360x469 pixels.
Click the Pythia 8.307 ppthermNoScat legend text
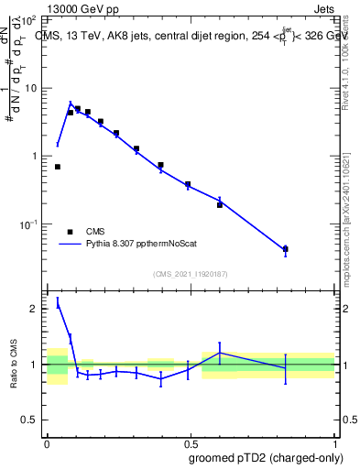(x=145, y=245)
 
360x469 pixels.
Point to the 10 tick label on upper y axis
(x=30, y=88)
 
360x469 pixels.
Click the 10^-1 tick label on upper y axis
(x=27, y=224)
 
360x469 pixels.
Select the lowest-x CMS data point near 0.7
(x=58, y=167)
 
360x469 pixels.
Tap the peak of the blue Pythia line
(x=71, y=104)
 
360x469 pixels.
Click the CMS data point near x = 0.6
(x=220, y=204)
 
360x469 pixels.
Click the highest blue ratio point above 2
(x=58, y=305)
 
